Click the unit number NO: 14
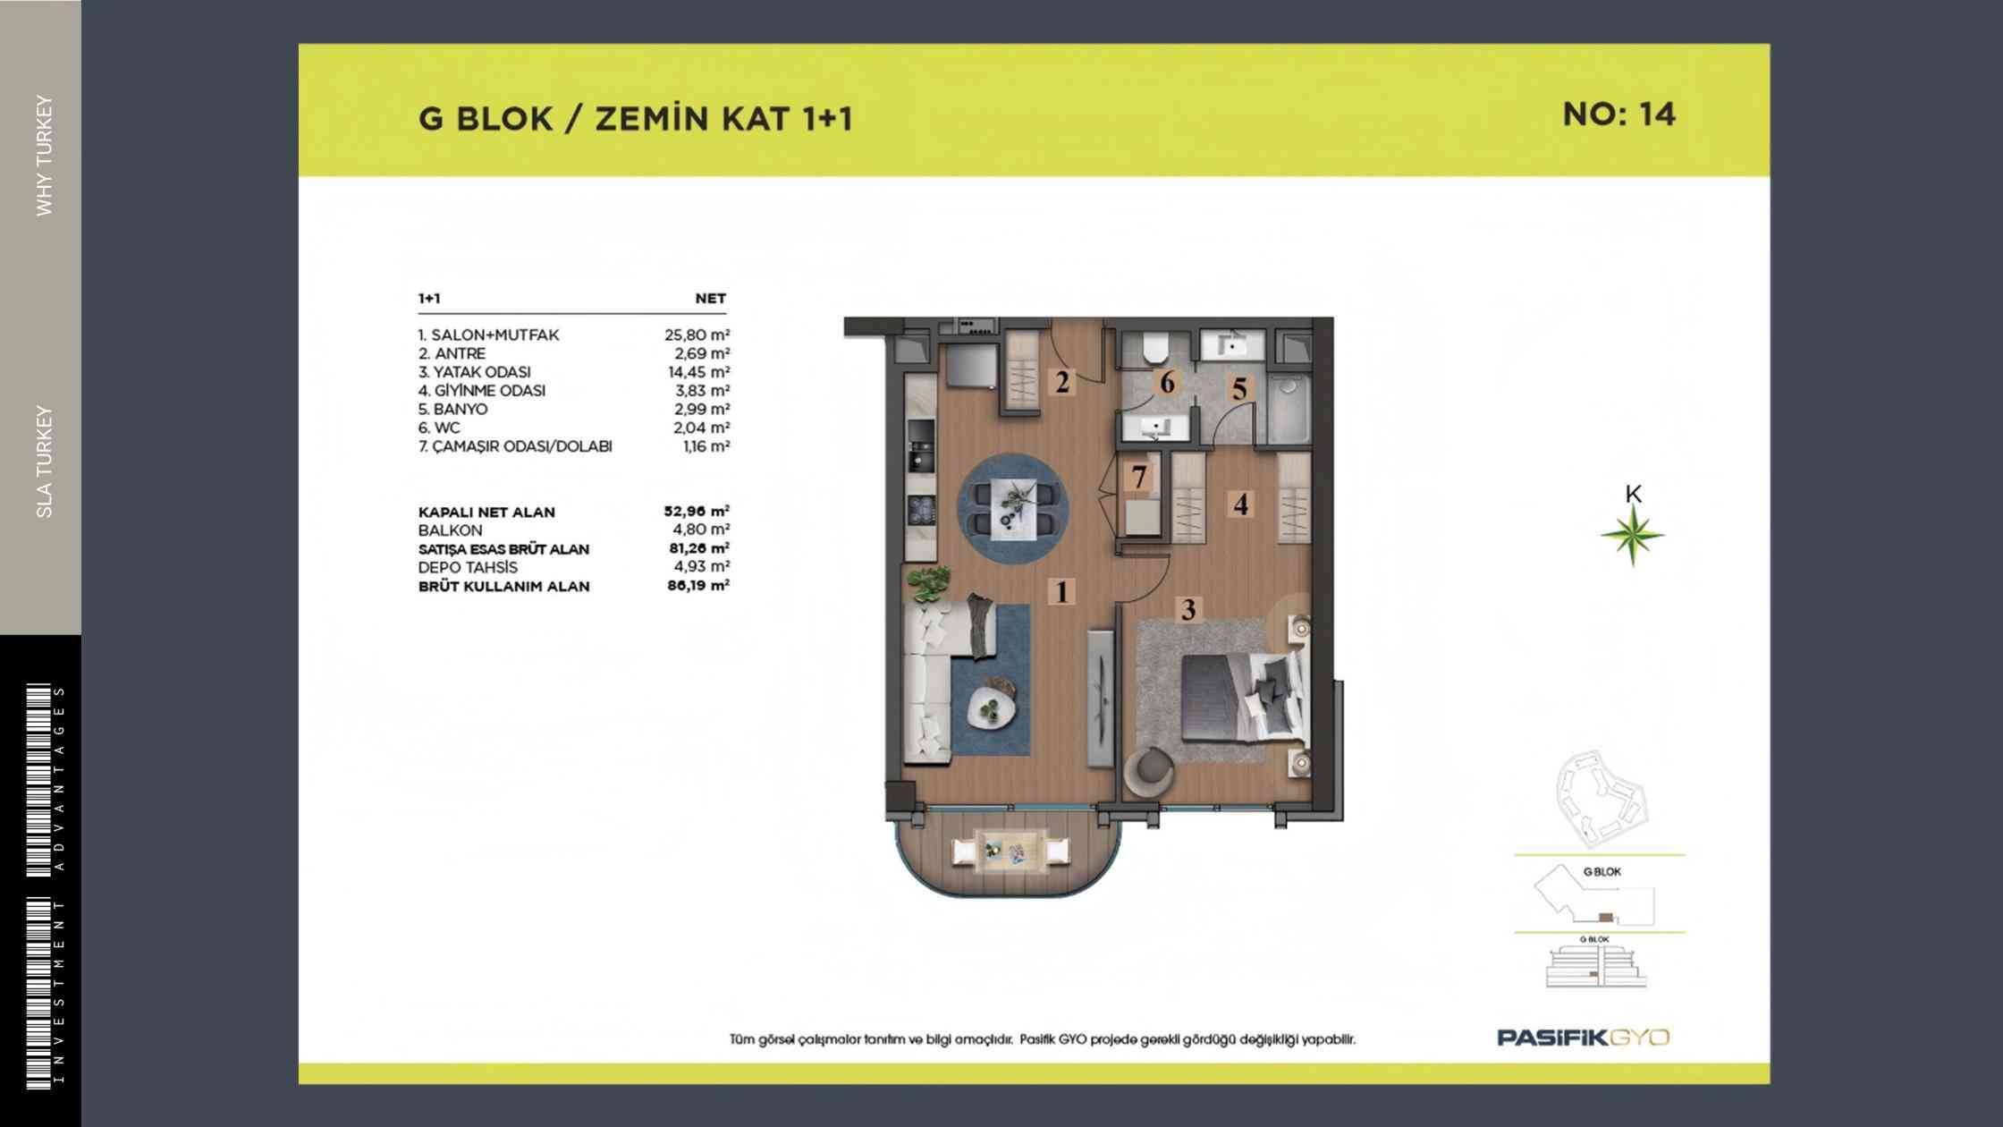(x=1618, y=114)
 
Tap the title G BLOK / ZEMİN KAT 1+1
(x=635, y=119)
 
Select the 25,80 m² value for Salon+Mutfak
(x=697, y=335)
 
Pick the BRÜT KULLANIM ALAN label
(x=504, y=587)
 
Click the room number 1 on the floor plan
(x=1061, y=592)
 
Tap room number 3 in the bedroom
(x=1188, y=610)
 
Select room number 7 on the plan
(x=1139, y=478)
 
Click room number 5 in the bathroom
(x=1239, y=389)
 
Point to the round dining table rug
(x=1013, y=508)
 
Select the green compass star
(x=1633, y=536)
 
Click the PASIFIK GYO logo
(x=1584, y=1038)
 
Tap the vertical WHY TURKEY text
(x=45, y=156)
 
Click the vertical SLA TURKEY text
(x=45, y=462)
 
